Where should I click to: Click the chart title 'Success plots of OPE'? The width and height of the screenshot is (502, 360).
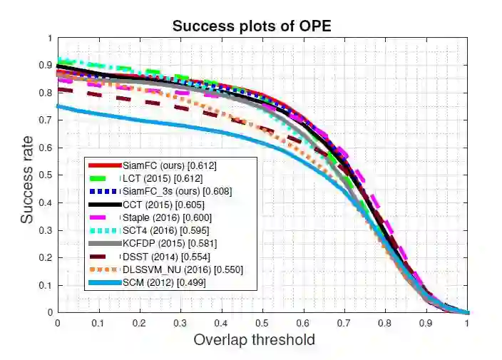(x=251, y=26)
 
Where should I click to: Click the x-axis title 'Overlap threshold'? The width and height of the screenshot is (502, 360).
(x=255, y=339)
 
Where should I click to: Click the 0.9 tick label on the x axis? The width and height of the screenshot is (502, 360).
(x=426, y=322)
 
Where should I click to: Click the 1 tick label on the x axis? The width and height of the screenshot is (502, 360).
(x=467, y=322)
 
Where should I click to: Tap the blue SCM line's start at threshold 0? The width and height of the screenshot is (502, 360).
(x=58, y=106)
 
